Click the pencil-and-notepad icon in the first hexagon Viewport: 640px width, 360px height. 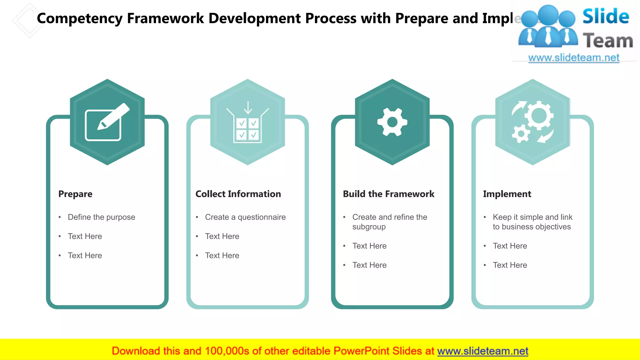pos(107,122)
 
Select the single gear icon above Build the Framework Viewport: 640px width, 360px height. pos(392,122)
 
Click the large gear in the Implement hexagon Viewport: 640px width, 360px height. pos(539,115)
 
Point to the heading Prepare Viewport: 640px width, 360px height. pos(75,194)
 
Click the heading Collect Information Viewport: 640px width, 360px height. pos(238,194)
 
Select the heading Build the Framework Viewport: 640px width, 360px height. pos(388,194)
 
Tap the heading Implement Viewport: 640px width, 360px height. pos(507,194)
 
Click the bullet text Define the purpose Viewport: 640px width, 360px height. pos(101,217)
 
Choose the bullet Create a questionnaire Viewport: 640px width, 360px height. pos(245,217)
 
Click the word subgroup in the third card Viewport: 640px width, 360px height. pos(369,227)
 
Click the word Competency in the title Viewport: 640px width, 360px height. pos(80,18)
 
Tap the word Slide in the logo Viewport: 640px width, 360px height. pos(606,17)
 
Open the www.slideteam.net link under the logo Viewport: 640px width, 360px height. pos(574,58)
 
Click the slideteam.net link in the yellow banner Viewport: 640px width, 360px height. pos(482,351)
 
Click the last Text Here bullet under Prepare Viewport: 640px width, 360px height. pos(85,256)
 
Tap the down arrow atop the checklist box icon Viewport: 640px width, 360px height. pos(248,108)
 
